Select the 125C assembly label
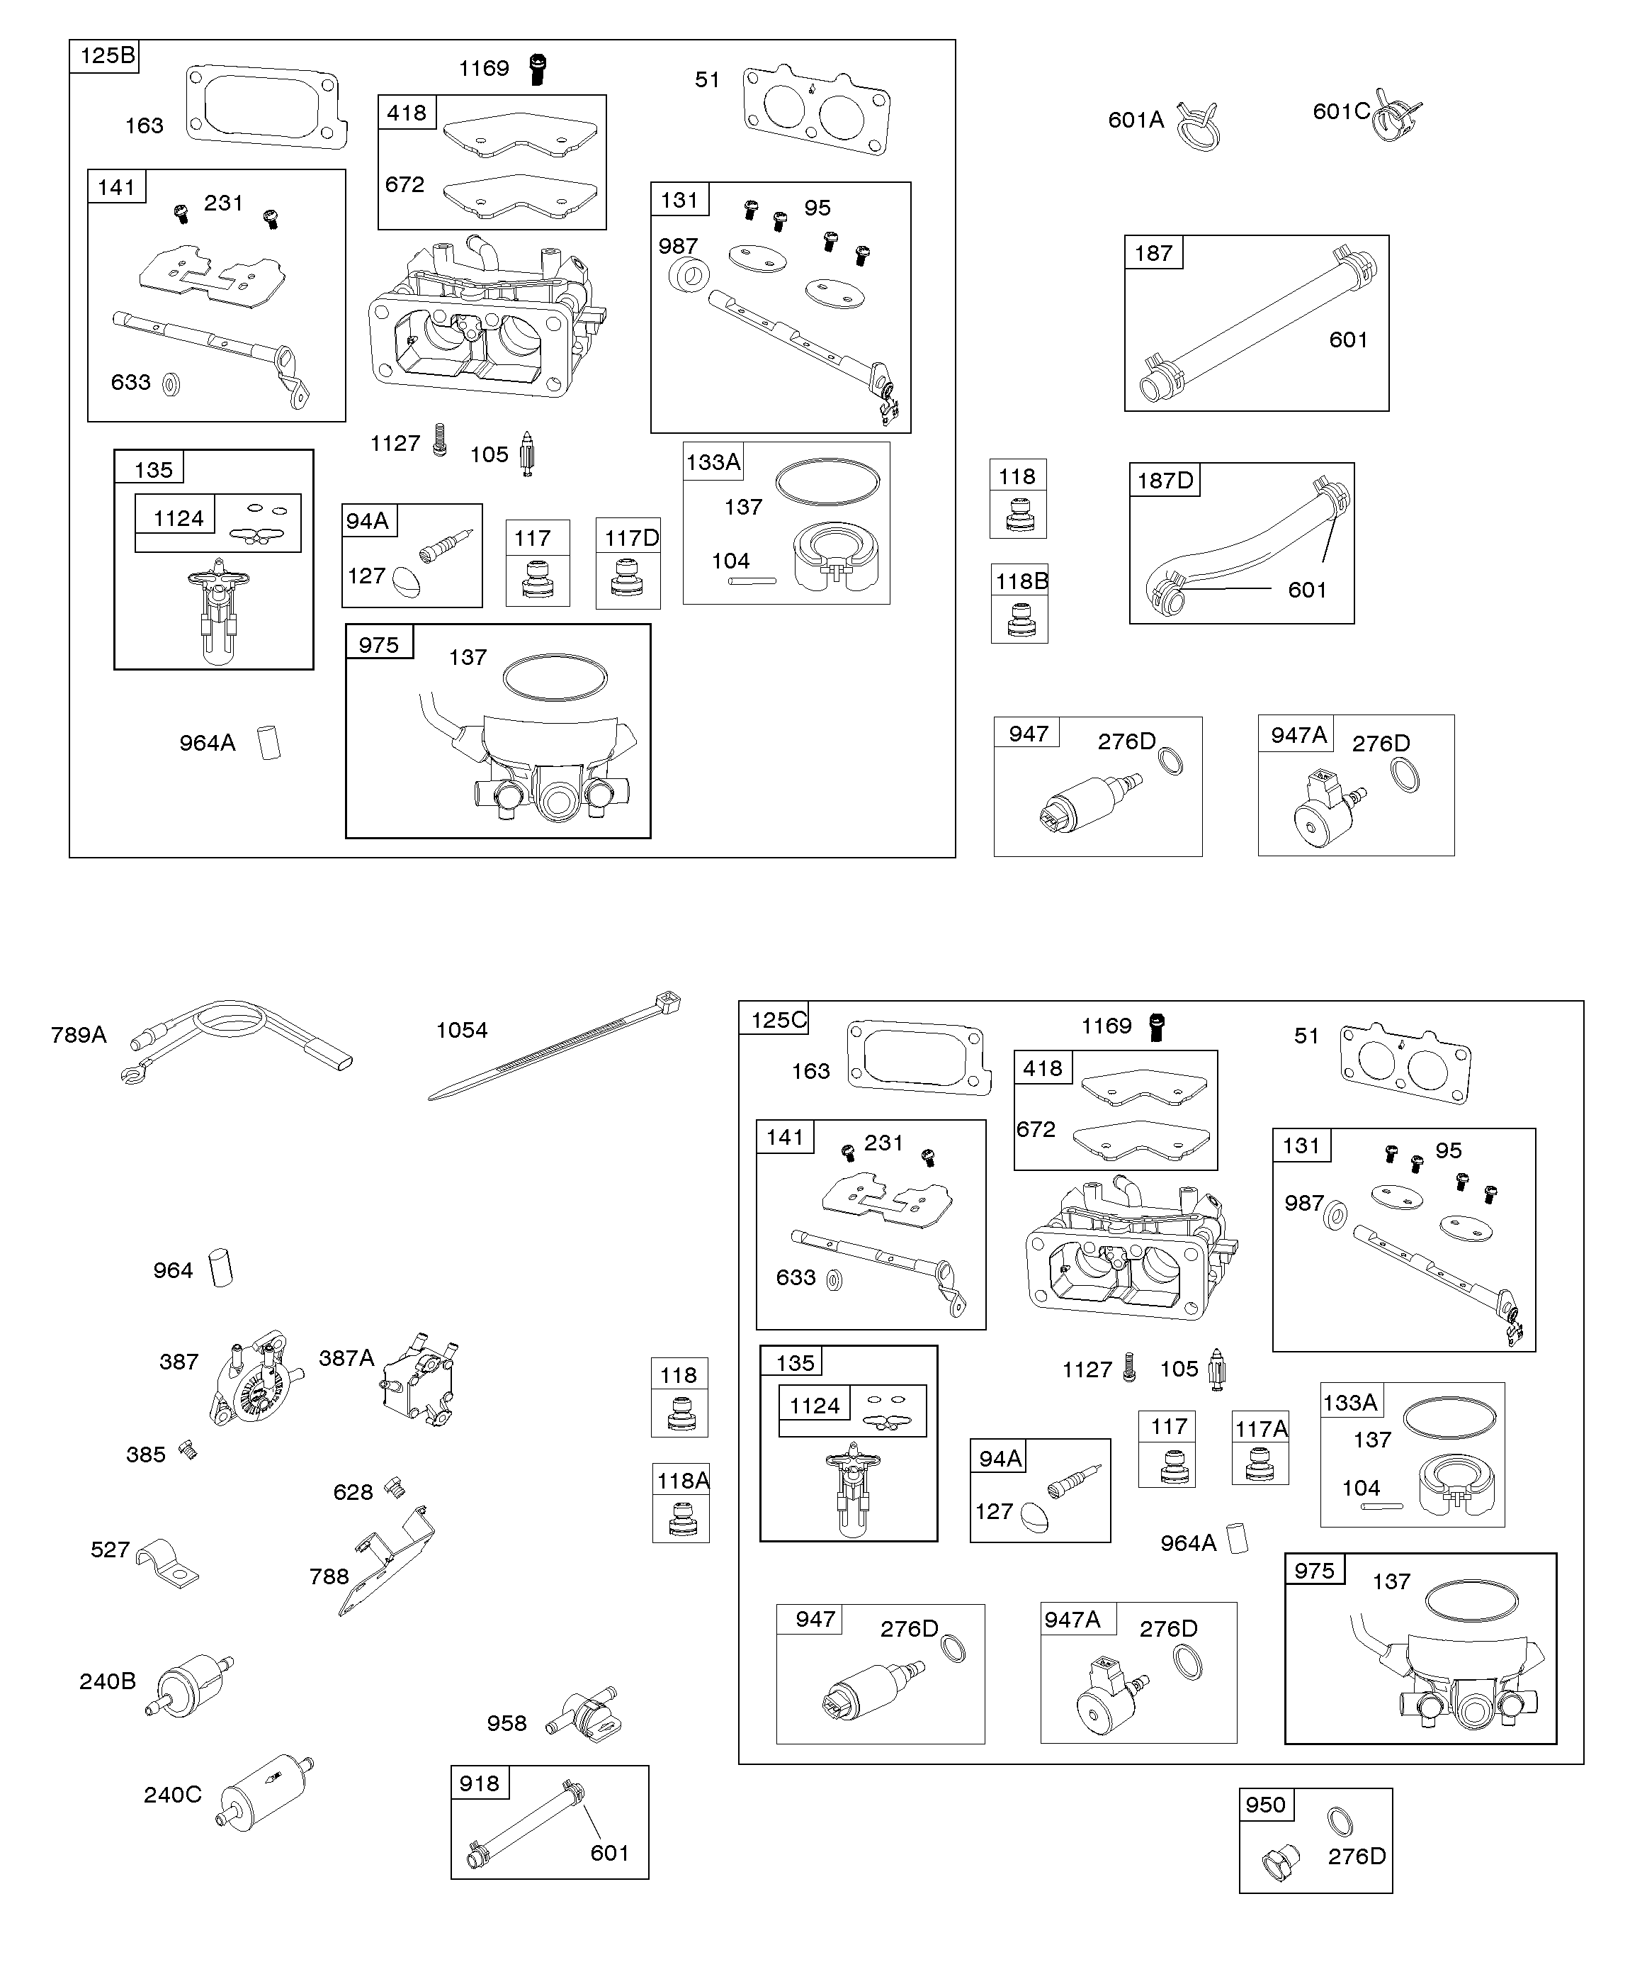click(776, 1019)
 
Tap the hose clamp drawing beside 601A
click(1198, 125)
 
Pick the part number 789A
click(79, 1034)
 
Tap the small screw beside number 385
click(188, 1451)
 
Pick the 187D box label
click(1165, 481)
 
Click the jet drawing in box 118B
click(1019, 620)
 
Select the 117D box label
click(631, 537)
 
